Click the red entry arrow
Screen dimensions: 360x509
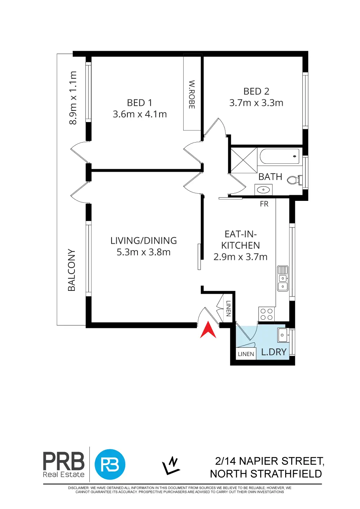pos(208,330)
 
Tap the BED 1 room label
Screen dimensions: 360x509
pos(140,103)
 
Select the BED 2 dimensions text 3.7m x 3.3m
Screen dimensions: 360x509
pos(256,103)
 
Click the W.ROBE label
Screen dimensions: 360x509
pos(192,94)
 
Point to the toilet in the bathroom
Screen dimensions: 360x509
pos(294,180)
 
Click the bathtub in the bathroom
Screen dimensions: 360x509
pos(280,156)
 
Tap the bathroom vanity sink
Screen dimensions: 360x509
pos(264,189)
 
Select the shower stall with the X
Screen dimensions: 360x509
pos(244,160)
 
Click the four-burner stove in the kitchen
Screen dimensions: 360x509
pos(267,314)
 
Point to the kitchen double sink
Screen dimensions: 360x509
pos(283,278)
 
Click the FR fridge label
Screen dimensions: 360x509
pos(264,204)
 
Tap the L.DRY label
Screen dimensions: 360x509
pos(274,352)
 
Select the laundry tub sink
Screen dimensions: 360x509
pos(283,335)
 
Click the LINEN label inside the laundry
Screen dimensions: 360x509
pos(246,354)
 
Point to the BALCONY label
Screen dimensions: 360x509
pos(72,270)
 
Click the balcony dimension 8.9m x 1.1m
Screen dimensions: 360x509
pos(73,98)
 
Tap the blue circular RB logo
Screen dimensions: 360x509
pos(110,464)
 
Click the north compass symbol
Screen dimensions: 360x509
pos(171,465)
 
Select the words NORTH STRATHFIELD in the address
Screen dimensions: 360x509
pos(266,474)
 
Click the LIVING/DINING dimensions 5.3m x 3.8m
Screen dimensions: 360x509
pos(144,252)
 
